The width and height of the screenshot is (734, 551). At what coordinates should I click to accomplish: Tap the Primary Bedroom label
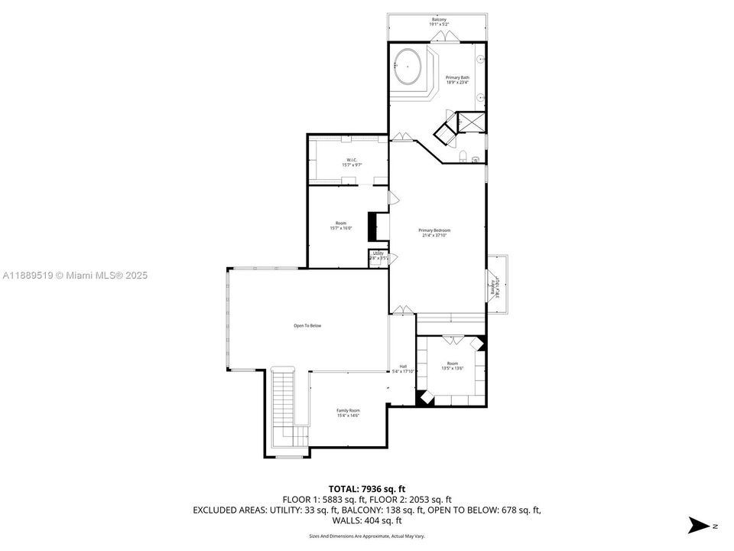(434, 233)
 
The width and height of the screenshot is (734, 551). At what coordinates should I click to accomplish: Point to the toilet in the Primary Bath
(464, 158)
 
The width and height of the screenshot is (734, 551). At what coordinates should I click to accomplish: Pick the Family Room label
(348, 412)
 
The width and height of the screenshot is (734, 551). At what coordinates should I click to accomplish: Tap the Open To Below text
(307, 326)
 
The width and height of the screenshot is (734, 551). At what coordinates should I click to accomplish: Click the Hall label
(402, 368)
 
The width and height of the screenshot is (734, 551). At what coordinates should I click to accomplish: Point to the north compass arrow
(697, 525)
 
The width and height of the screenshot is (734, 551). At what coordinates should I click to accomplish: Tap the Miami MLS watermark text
(74, 275)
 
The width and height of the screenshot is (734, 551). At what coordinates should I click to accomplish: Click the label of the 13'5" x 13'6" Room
(453, 365)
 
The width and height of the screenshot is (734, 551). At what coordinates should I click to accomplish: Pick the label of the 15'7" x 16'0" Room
(340, 225)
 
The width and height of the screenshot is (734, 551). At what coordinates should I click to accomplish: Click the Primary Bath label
(457, 80)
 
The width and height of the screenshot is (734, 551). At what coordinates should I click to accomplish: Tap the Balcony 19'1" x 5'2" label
(438, 21)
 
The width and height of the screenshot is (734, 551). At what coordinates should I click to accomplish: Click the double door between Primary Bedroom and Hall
(402, 310)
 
